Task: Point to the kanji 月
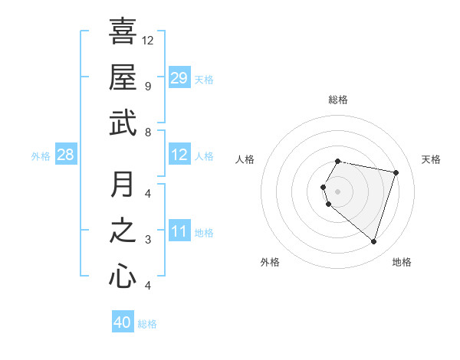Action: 123,184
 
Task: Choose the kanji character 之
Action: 123,230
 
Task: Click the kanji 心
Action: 123,276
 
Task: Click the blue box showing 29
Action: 179,78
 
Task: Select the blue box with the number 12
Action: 179,155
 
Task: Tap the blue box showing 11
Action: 179,232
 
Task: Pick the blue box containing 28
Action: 66,155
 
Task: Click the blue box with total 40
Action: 123,322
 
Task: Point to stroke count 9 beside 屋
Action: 148,87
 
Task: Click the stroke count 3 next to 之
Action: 148,240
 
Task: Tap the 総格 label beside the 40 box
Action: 147,324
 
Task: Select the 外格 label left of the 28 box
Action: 41,156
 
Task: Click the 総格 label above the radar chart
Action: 337,100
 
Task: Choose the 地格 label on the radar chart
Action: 402,262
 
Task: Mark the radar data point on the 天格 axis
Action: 396,172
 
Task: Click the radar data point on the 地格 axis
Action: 373,242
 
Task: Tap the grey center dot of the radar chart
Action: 337,191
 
